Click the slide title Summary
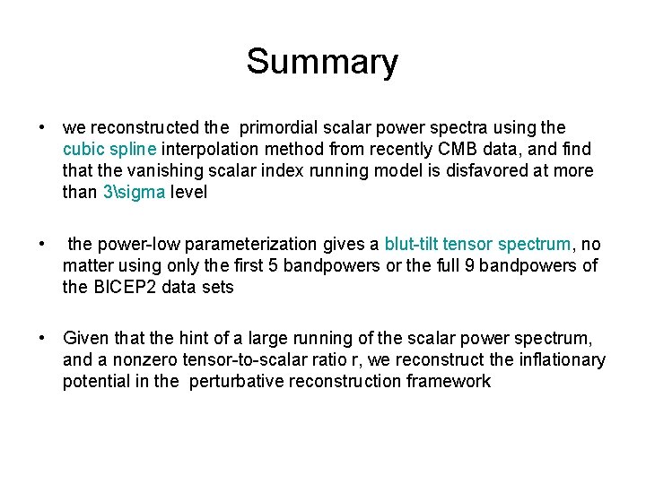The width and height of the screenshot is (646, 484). pos(322,62)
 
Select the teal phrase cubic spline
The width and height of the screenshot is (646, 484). pos(102,150)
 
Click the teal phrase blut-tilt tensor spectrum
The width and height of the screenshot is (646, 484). pos(477,245)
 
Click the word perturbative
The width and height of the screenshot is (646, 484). pos(233,381)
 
